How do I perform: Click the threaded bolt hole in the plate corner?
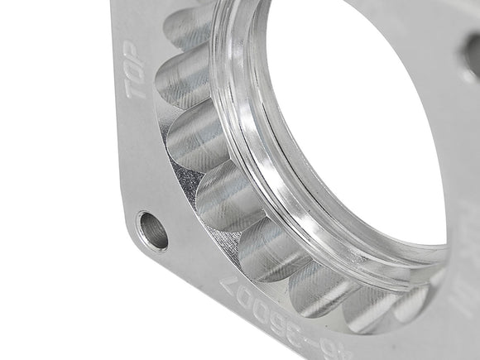(x=151, y=231)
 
